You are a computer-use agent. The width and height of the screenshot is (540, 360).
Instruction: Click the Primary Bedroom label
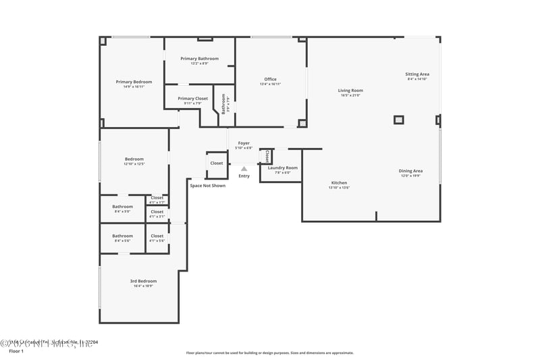tap(134, 82)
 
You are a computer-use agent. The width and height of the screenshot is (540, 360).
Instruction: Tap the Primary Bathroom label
tap(199, 59)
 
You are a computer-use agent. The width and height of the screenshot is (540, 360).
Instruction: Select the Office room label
tap(270, 79)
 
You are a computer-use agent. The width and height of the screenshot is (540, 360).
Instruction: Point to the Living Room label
tap(350, 90)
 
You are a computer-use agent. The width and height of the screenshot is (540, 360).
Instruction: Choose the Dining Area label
tap(410, 171)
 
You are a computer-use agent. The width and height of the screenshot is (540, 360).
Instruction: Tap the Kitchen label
tap(339, 183)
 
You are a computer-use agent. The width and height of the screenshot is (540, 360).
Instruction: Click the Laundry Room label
tap(282, 168)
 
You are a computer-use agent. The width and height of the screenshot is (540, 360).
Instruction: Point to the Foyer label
tap(244, 143)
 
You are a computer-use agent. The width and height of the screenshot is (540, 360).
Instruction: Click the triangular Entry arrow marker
tap(244, 168)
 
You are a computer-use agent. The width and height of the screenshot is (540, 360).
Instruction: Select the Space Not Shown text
tap(207, 185)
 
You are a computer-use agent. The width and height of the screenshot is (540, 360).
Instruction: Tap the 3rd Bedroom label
tap(143, 281)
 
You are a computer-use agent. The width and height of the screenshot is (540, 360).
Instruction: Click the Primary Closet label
tap(193, 99)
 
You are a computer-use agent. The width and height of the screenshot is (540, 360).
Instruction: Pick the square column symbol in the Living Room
tap(399, 120)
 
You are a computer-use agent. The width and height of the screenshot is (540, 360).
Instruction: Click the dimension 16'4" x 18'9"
tap(143, 286)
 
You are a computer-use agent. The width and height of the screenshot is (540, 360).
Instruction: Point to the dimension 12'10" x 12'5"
tap(134, 164)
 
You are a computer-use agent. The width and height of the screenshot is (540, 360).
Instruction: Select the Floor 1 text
tap(16, 352)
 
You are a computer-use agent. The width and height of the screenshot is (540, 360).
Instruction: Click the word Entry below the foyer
tap(244, 176)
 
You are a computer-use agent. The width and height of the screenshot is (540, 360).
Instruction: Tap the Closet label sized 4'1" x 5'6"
tap(157, 236)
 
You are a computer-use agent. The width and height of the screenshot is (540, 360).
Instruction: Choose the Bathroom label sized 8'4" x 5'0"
tap(122, 207)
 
